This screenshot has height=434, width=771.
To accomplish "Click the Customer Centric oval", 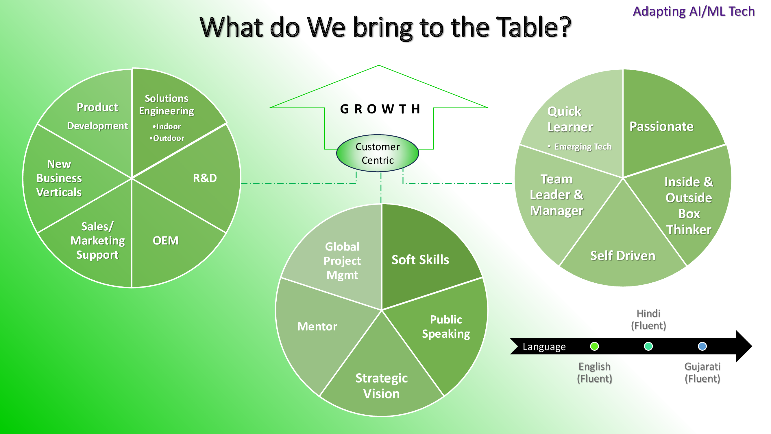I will coord(378,153).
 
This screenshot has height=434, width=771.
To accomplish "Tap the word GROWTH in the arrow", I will coord(380,109).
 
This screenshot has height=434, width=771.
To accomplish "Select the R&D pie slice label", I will coord(205,178).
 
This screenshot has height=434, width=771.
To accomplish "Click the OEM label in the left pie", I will coord(166,240).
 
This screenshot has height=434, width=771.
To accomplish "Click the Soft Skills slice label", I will coord(420,260).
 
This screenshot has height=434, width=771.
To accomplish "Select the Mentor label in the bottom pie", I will coord(317,326).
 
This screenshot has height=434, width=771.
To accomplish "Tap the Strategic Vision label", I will coord(381,386).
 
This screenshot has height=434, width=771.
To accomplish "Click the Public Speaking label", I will coord(446,327).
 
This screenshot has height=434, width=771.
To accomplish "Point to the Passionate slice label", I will coord(661,126).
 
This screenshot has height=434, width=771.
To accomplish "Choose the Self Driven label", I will coord(622,256).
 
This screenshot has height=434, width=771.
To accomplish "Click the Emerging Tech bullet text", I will coord(583,147).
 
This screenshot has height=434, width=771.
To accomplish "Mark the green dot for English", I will coord(594,347).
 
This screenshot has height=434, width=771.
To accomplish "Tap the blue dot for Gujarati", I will coord(702,347).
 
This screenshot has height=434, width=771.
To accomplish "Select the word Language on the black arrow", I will coord(544,347).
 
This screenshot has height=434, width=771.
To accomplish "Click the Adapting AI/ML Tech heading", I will coord(694,11).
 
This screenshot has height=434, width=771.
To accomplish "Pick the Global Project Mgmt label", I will coord(342,261).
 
